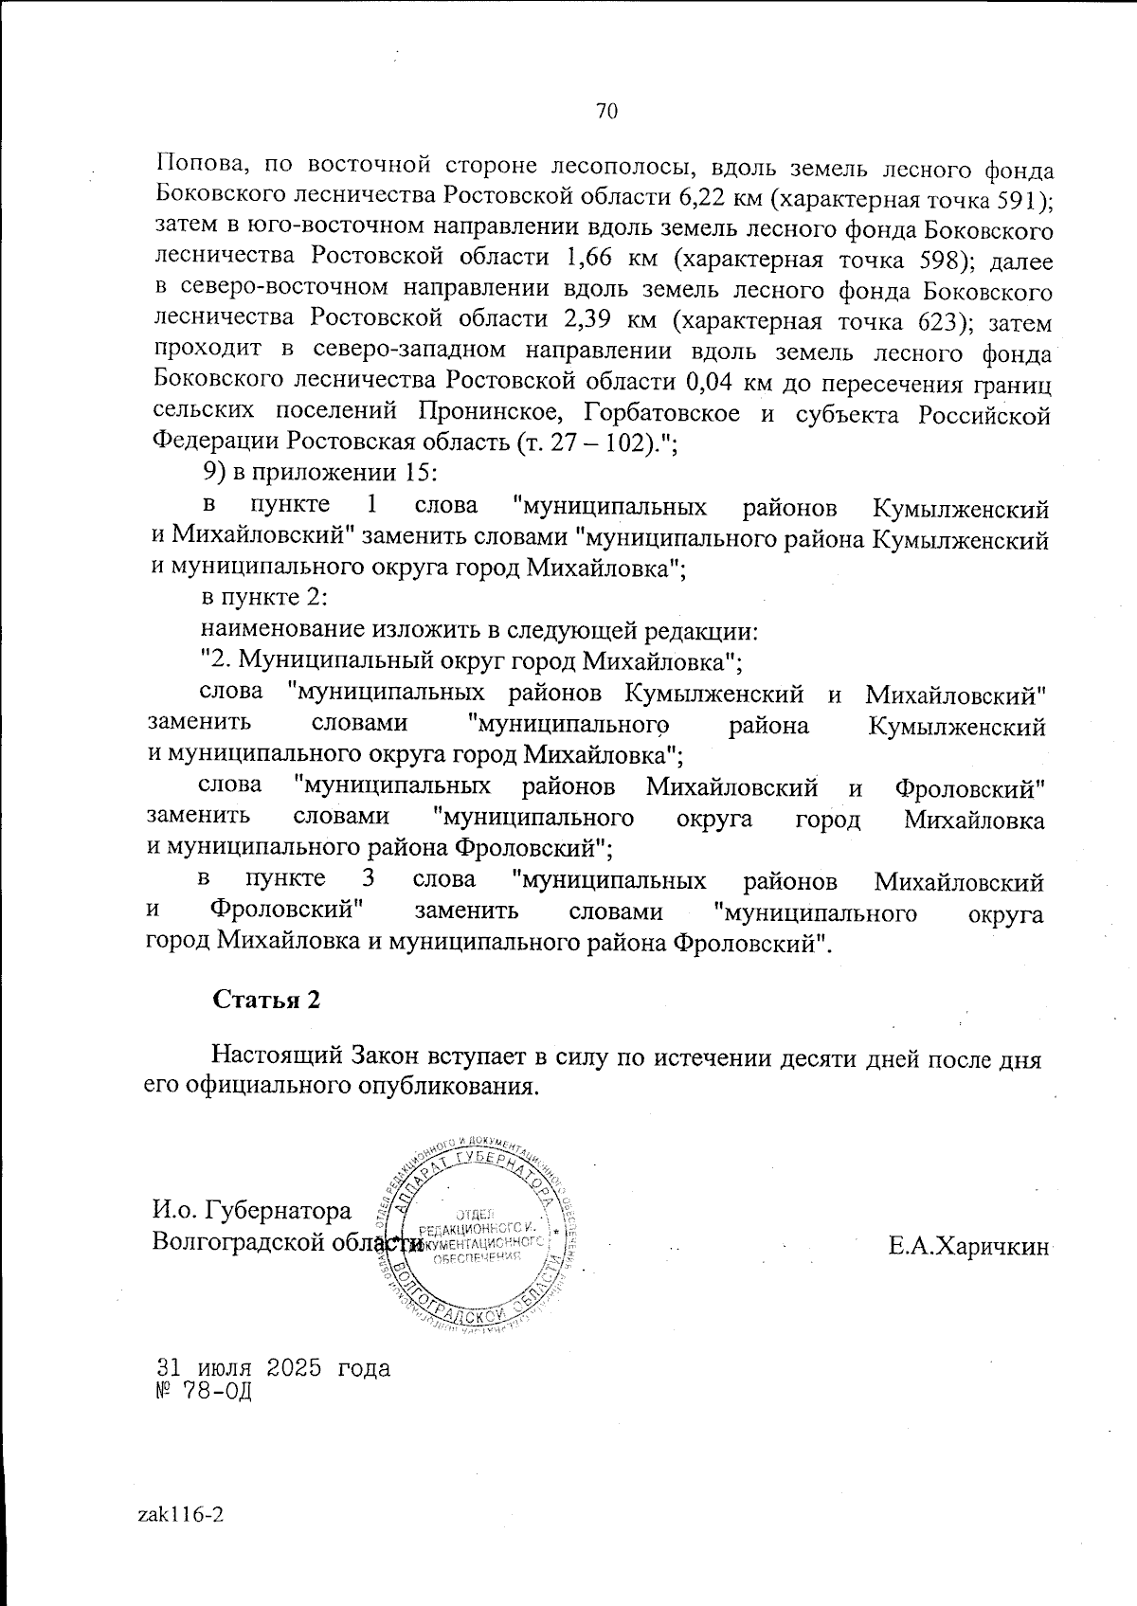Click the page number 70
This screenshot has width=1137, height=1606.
pos(606,112)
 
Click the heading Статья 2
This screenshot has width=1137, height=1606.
pos(266,1001)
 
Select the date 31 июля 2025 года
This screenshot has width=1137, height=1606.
pos(273,1368)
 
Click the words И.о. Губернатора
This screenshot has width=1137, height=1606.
pos(252,1211)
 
